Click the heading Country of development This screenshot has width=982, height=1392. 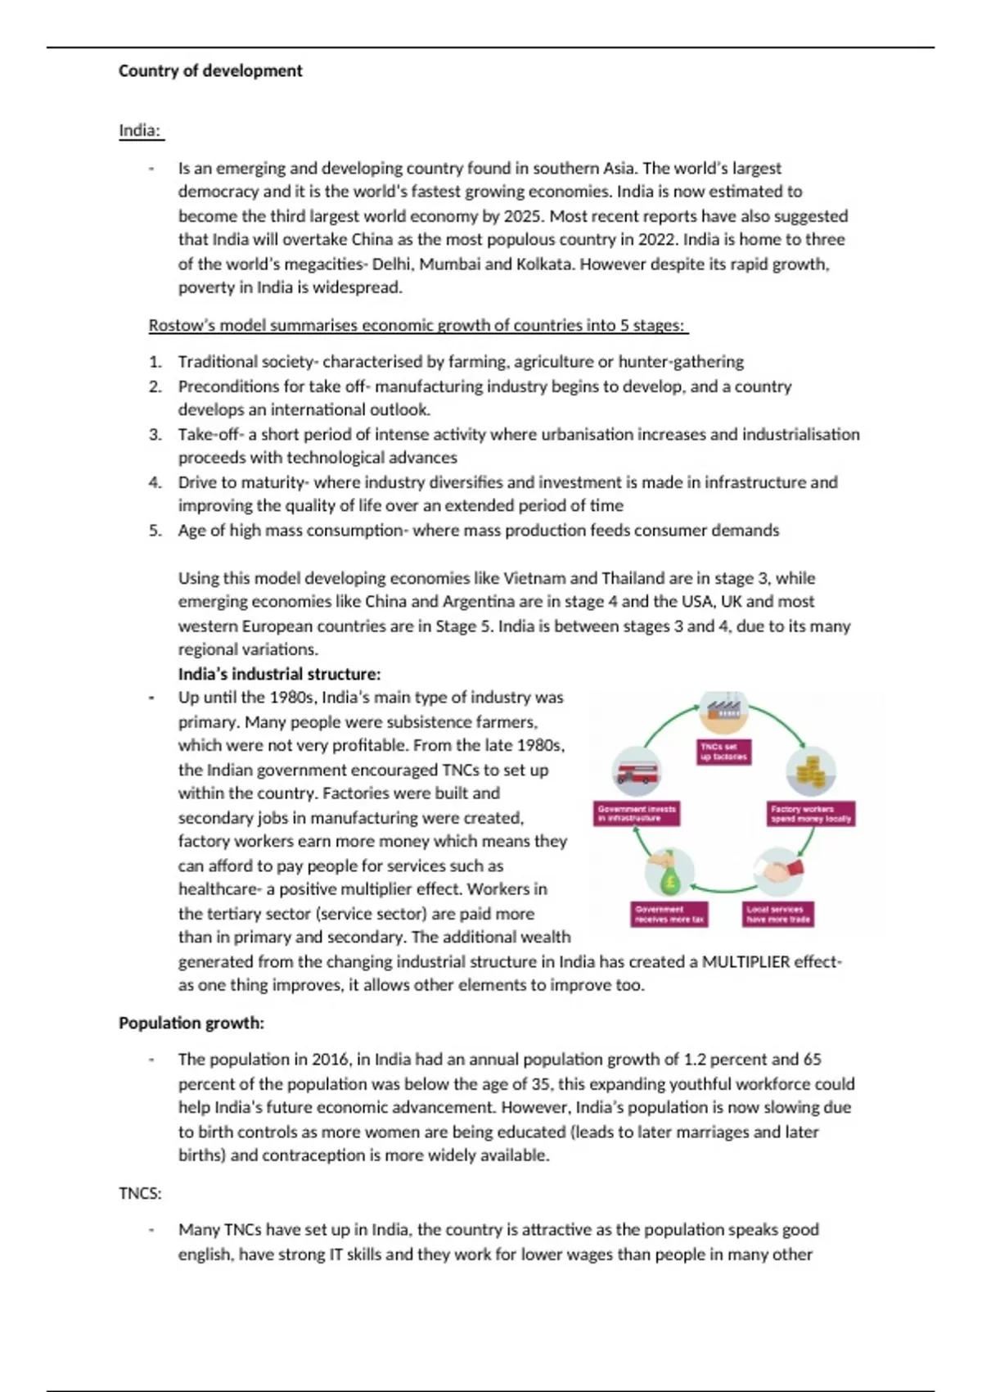210,71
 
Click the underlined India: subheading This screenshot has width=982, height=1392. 140,131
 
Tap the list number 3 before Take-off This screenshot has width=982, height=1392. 155,435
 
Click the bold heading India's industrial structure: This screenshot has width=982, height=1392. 279,674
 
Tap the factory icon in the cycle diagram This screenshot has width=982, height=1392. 724,711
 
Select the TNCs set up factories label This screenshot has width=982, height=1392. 724,752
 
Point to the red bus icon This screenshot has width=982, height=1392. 637,771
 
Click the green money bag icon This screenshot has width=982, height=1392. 669,874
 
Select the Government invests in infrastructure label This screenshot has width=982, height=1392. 637,813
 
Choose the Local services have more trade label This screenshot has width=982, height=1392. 778,914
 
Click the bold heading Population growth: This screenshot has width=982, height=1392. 191,1024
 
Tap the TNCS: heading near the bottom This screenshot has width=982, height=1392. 140,1194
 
